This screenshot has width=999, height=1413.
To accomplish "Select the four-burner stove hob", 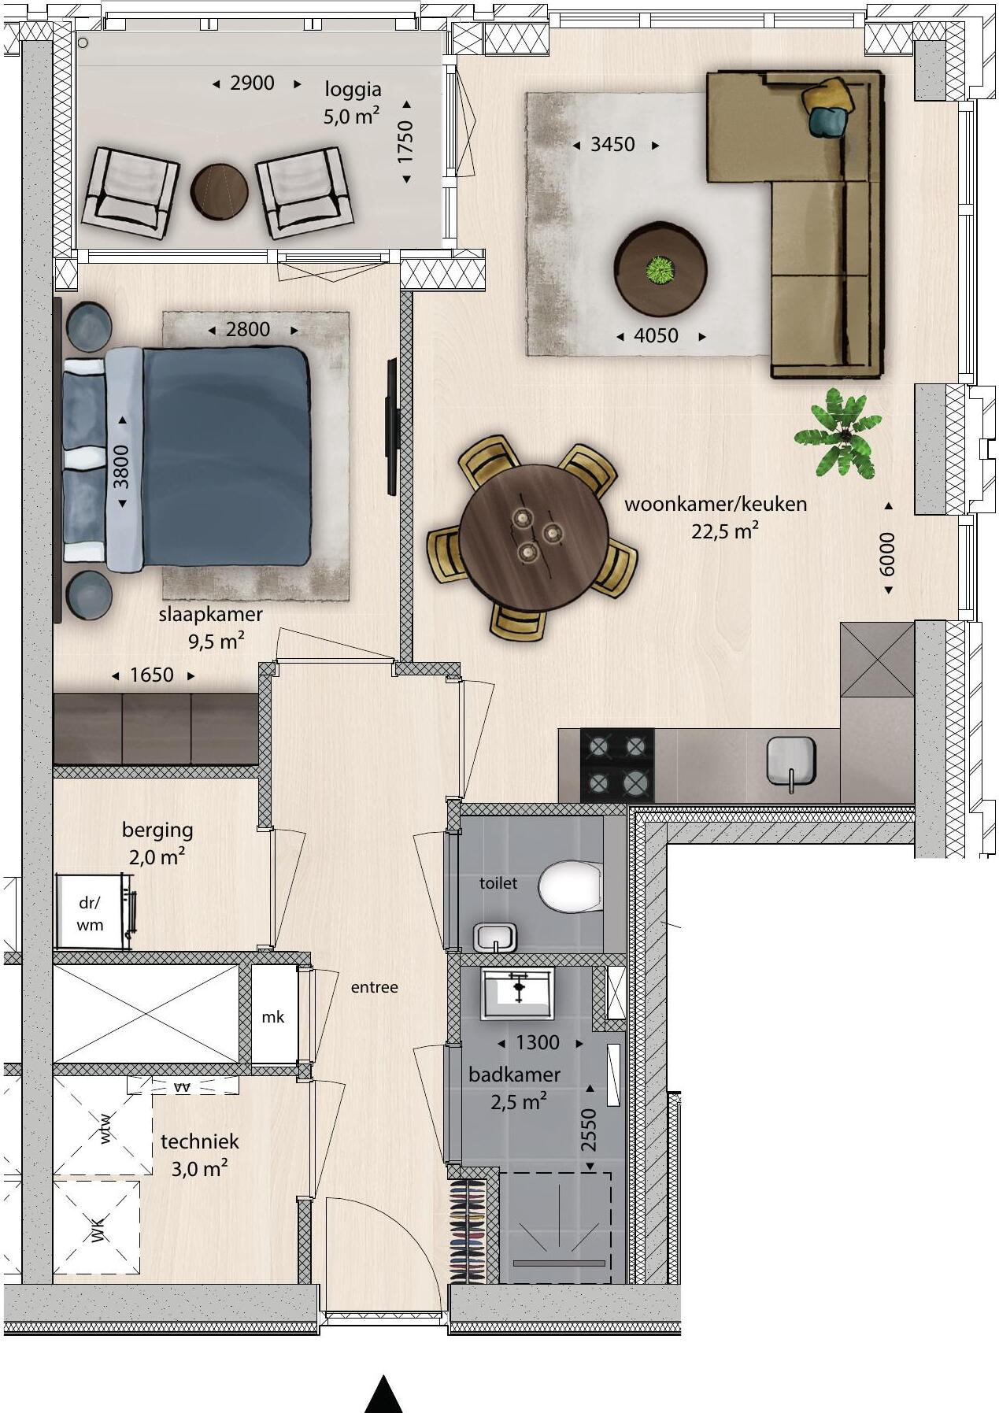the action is point(616,764).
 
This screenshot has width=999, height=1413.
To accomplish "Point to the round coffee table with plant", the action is point(660,269).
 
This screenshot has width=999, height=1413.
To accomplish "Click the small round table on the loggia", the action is point(220,190).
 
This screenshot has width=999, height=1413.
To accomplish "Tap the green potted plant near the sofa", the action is point(838,434).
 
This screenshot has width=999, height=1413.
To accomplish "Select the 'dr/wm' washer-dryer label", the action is point(90,914).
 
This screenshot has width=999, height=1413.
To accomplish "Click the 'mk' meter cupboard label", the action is point(273,1017).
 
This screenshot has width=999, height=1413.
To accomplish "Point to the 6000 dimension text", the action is point(887,553).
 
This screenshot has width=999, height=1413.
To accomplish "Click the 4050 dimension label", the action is point(656,336).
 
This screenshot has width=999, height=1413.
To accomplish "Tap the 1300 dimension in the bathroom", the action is point(538,1043).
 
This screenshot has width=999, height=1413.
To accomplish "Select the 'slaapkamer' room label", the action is point(211,614).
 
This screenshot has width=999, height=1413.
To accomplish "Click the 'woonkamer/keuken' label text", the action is point(716,504).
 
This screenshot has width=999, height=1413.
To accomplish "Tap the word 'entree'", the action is point(375,987).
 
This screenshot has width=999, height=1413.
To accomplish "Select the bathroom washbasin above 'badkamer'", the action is point(518,993).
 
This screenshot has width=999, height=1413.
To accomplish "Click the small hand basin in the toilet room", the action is point(495,937).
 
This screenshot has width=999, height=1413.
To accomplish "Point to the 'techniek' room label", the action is point(200,1141).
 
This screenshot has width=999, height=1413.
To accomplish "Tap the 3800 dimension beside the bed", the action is point(122,467).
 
